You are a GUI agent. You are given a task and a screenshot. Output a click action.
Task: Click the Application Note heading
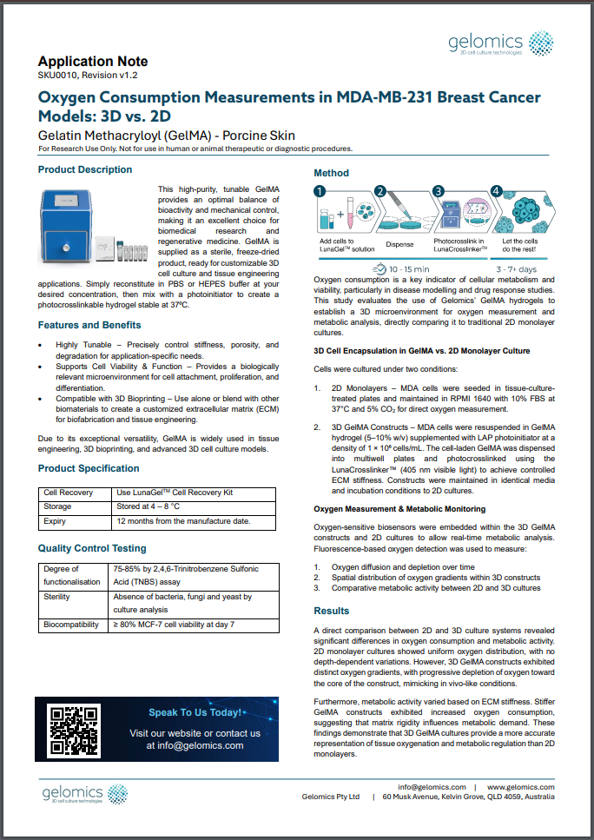pos(93,62)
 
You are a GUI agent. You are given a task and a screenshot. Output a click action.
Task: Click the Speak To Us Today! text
pos(195,712)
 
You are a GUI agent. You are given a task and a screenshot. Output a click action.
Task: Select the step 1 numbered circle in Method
pos(320,192)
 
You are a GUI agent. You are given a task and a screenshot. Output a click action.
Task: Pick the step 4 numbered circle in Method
pos(496,192)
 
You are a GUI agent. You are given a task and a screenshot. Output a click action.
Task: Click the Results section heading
pos(332,611)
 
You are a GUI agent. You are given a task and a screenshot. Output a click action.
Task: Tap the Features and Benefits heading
pos(89,325)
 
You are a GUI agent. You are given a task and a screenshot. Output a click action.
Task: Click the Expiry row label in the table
pos(55,521)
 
